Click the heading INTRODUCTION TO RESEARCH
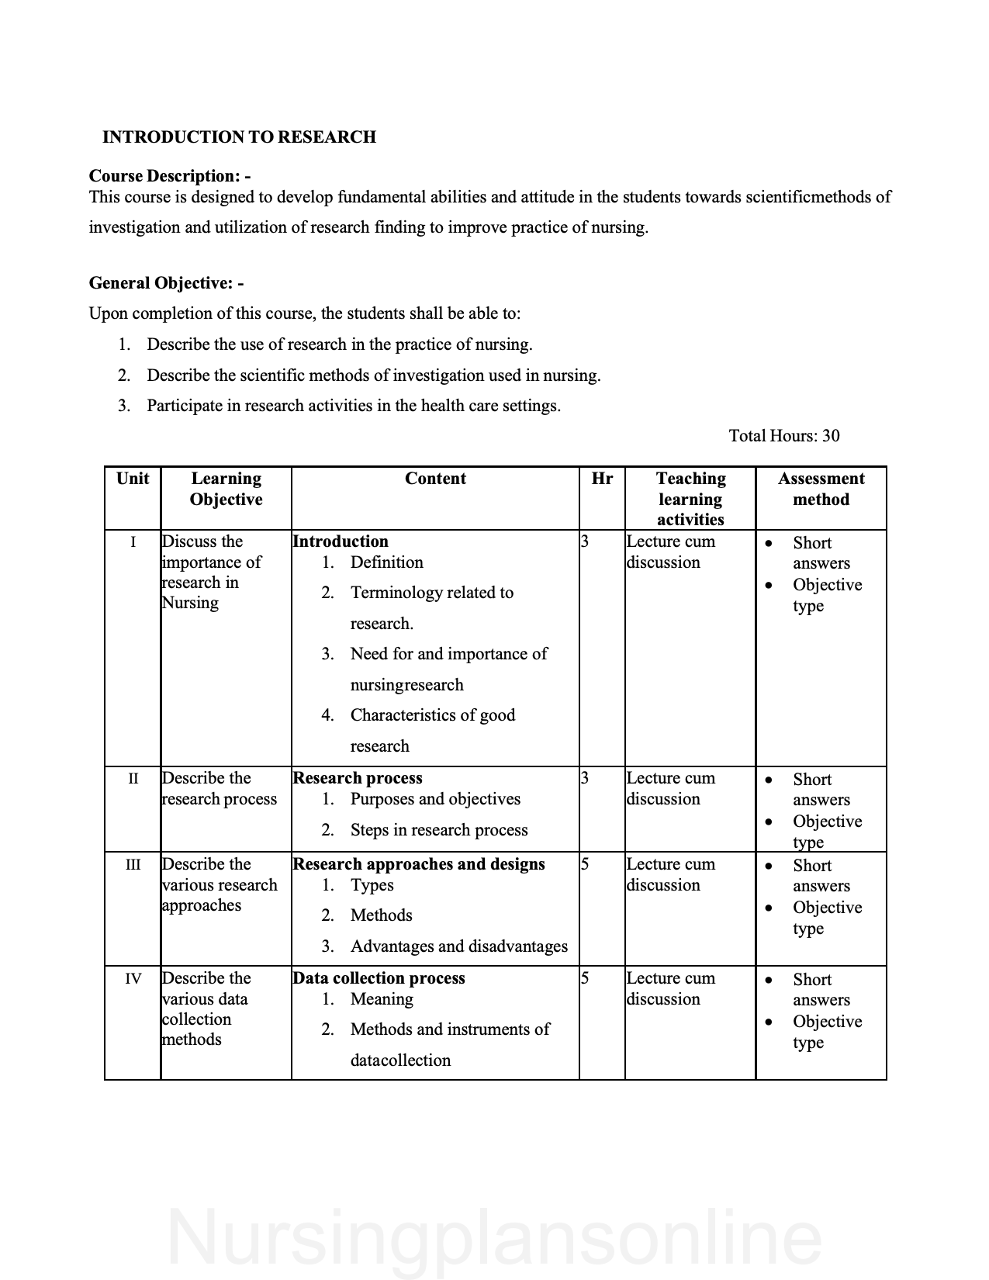pyautogui.click(x=239, y=137)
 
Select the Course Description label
pyautogui.click(x=169, y=176)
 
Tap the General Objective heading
pyautogui.click(x=166, y=283)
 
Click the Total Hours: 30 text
pyautogui.click(x=783, y=436)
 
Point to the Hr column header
pyautogui.click(x=601, y=479)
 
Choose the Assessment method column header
pyautogui.click(x=821, y=489)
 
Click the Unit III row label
pyautogui.click(x=133, y=865)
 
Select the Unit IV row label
pyautogui.click(x=133, y=979)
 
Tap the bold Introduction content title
pyautogui.click(x=340, y=541)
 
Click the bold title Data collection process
pyautogui.click(x=379, y=978)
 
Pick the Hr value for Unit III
pyautogui.click(x=585, y=864)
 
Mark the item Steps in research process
pyautogui.click(x=438, y=830)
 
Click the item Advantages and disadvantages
pyautogui.click(x=458, y=946)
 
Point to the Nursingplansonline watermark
pyautogui.click(x=494, y=1238)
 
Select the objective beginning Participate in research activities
pyautogui.click(x=353, y=406)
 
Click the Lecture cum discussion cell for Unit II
pyautogui.click(x=670, y=788)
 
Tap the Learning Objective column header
pyautogui.click(x=226, y=489)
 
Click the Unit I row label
pyautogui.click(x=133, y=542)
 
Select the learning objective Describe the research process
pyautogui.click(x=219, y=788)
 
